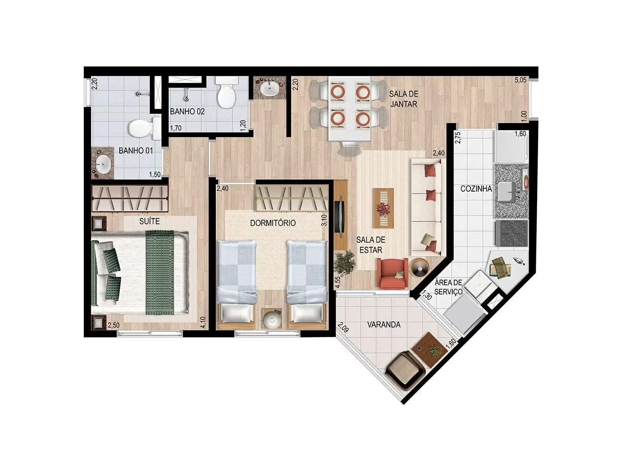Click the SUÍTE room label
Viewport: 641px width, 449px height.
[150, 221]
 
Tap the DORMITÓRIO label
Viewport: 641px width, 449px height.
[273, 223]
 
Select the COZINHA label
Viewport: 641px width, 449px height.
[476, 189]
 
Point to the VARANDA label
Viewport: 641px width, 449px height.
[384, 325]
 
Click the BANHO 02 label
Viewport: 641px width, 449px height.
[187, 112]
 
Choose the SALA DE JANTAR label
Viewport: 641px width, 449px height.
[403, 99]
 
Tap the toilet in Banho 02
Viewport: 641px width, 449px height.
[226, 95]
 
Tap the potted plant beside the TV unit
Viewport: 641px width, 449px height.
[344, 261]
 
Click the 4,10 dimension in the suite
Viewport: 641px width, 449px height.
[203, 322]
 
